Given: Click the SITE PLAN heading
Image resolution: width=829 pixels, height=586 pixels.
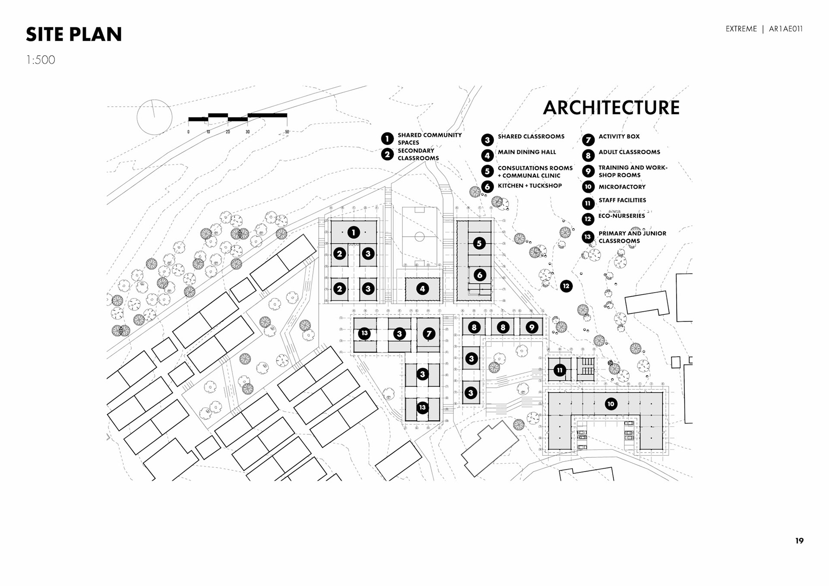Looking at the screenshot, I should [x=74, y=35].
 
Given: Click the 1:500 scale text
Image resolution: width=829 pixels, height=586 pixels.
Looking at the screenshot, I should [x=41, y=60].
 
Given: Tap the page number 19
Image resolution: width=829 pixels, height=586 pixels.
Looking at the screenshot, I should [x=799, y=541].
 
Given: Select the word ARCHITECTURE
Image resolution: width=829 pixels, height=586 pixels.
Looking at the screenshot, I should [x=611, y=108].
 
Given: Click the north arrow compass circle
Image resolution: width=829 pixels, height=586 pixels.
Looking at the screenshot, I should [x=155, y=117].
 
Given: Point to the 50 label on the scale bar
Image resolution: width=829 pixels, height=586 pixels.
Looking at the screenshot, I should [x=287, y=132].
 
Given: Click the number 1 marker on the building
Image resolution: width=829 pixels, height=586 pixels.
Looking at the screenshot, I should [x=354, y=233].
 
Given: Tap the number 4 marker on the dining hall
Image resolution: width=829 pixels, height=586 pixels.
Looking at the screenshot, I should [x=422, y=289].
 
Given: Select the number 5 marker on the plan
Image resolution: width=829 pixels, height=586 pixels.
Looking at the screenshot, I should [x=479, y=243].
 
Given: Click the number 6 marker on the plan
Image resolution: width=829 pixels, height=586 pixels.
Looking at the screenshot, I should [x=479, y=275].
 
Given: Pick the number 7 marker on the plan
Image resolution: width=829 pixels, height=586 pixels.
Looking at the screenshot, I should [x=429, y=333].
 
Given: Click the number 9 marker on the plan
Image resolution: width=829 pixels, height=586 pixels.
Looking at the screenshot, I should [x=532, y=327].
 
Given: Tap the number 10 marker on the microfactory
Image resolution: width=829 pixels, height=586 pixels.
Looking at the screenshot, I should [x=611, y=404].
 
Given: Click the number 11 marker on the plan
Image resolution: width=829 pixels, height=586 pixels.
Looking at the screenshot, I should [x=560, y=370].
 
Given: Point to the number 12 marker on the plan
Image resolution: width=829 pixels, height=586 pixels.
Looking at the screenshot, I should [x=566, y=286].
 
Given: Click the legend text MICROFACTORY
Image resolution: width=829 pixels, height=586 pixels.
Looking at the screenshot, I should [x=622, y=187].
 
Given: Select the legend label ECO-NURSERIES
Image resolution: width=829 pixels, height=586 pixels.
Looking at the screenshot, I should [x=621, y=216].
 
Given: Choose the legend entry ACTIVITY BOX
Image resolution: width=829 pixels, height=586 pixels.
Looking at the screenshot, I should [x=619, y=136].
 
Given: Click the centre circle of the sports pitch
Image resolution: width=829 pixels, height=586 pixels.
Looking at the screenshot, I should [x=419, y=237].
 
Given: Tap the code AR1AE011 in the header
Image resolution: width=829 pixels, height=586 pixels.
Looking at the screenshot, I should [x=785, y=29].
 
